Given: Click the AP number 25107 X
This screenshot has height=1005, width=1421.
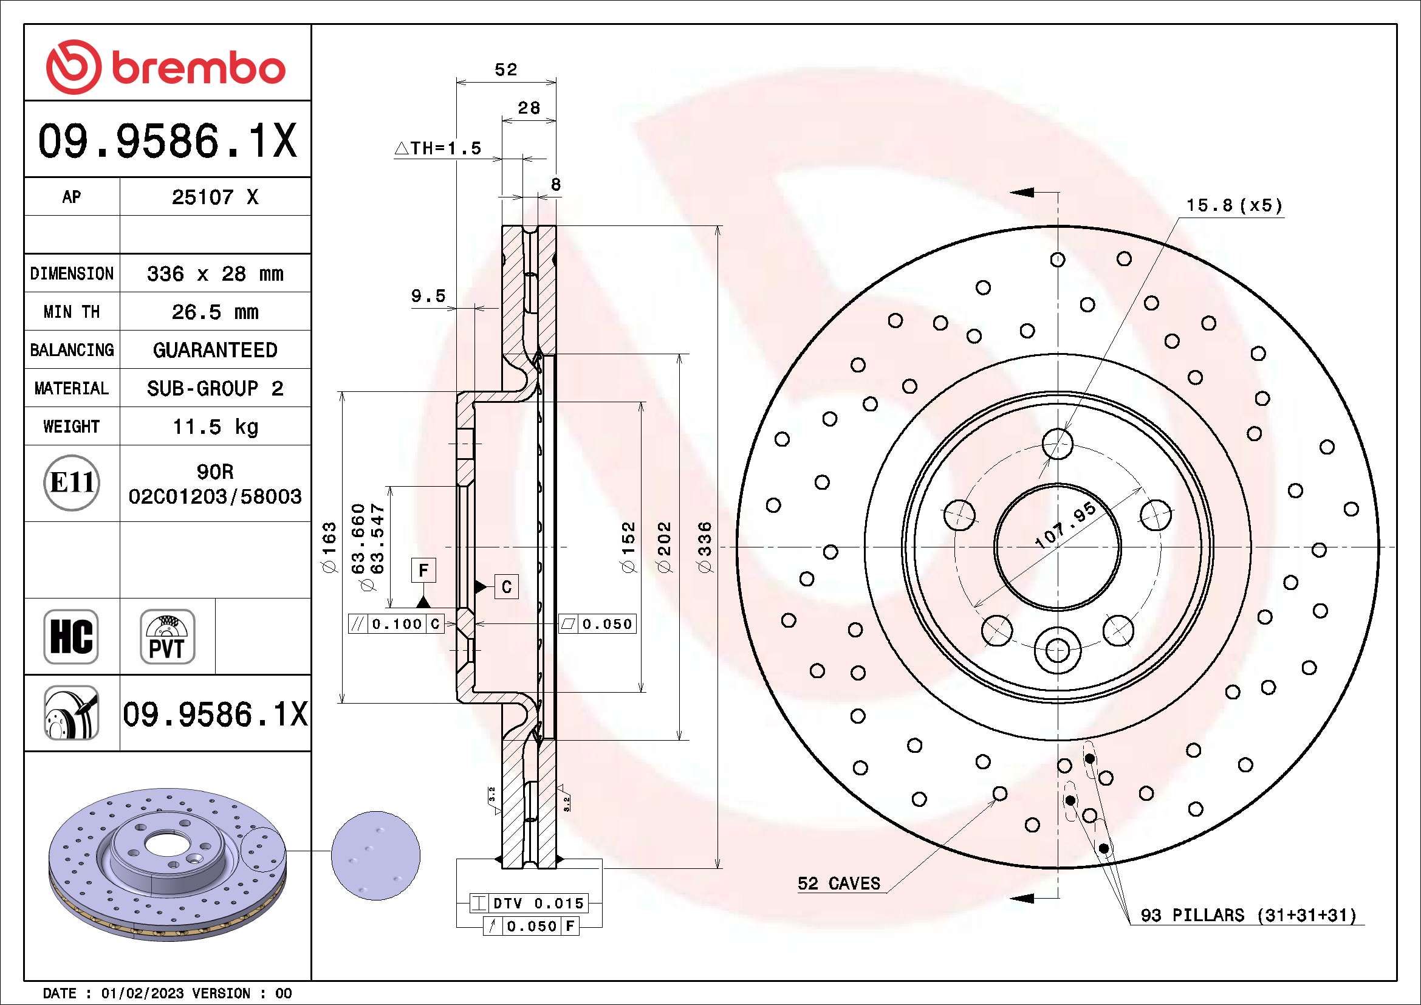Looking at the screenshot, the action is [x=214, y=197].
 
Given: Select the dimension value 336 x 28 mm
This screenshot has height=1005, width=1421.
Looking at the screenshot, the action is [x=214, y=273].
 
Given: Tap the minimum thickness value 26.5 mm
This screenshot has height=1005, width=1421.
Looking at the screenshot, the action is [x=214, y=312].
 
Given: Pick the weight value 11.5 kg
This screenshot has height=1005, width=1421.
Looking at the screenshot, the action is [x=214, y=427].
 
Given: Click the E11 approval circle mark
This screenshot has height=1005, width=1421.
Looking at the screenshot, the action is [x=72, y=482].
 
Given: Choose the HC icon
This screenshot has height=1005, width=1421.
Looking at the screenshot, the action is [x=71, y=636].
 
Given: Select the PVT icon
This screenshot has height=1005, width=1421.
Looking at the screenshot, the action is [x=167, y=636].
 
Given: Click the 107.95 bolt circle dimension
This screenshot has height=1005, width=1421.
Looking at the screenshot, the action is [x=1066, y=526].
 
